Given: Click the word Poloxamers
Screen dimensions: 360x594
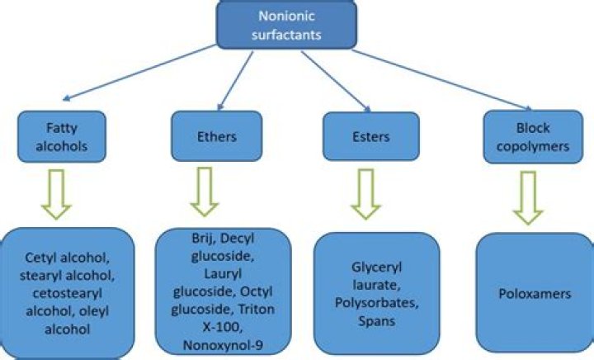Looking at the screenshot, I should [x=535, y=294].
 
